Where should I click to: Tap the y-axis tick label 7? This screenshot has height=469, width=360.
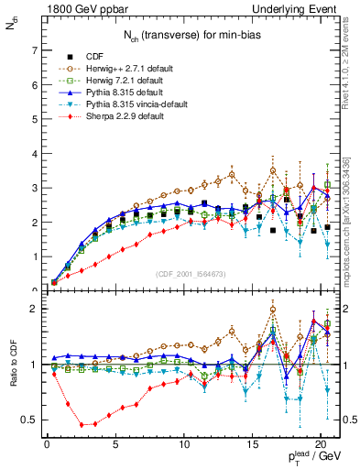pos(36,51)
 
